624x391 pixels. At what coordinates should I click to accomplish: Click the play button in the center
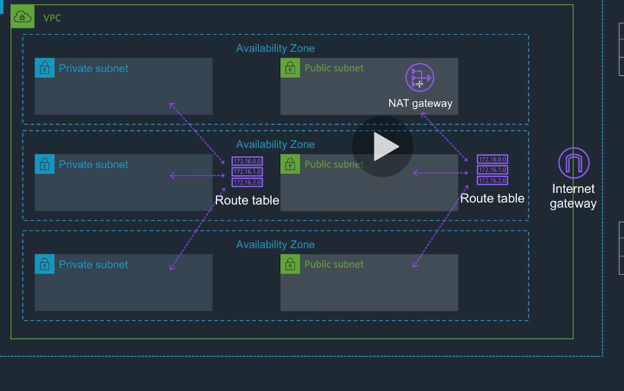[x=383, y=146]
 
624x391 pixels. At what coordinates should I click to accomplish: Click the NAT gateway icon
[x=420, y=78]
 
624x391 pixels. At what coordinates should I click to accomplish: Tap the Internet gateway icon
[x=574, y=162]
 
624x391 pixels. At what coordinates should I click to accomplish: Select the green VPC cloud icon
[x=22, y=17]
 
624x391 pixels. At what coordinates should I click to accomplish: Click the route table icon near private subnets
[x=247, y=172]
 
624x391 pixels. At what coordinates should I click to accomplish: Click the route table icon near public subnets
[x=492, y=170]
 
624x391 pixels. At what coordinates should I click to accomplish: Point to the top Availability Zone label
[x=275, y=48]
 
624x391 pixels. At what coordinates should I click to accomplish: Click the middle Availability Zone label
[x=275, y=145]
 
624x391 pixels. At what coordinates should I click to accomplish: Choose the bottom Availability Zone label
[x=275, y=245]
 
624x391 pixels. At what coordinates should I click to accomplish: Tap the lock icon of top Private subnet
[x=45, y=68]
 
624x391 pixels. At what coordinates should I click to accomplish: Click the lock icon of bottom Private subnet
[x=45, y=264]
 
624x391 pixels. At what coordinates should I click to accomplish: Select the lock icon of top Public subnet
[x=290, y=68]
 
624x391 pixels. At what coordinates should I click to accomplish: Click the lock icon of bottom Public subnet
[x=290, y=264]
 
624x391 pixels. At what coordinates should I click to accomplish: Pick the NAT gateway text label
[x=420, y=103]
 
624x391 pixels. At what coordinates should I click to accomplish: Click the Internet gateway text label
[x=573, y=196]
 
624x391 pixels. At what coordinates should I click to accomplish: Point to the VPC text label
[x=52, y=18]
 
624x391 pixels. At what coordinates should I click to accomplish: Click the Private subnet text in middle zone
[x=94, y=164]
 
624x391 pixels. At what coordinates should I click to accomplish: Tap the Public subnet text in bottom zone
[x=334, y=264]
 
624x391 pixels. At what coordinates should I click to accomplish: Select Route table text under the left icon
[x=247, y=200]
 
